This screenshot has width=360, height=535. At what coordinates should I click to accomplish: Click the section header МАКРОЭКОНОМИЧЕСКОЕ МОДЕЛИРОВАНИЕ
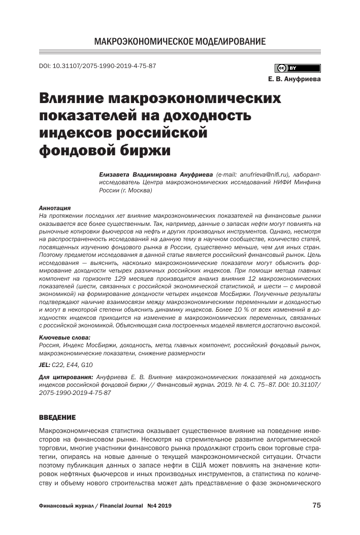pyautogui.click(x=180, y=41)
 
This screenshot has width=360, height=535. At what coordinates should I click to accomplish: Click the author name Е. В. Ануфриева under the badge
pyautogui.click(x=294, y=79)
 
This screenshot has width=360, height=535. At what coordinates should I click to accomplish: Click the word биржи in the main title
pyautogui.click(x=142, y=151)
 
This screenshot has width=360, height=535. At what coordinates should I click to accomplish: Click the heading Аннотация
pyautogui.click(x=55, y=208)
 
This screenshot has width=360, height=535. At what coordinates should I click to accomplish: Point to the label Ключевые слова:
pyautogui.click(x=64, y=337)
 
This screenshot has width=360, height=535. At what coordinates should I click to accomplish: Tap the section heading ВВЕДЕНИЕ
pyautogui.click(x=57, y=417)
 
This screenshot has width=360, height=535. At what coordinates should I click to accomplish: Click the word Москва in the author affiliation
pyautogui.click(x=137, y=190)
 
